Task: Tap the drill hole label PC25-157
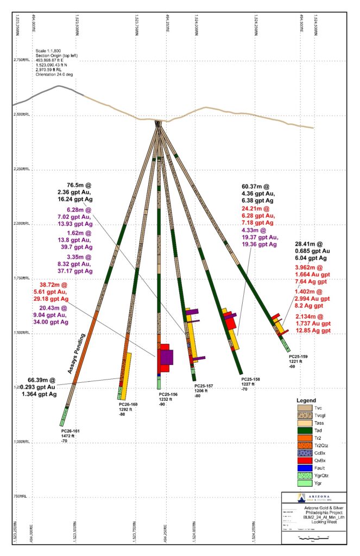[204, 386]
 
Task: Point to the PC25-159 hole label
[299, 356]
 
